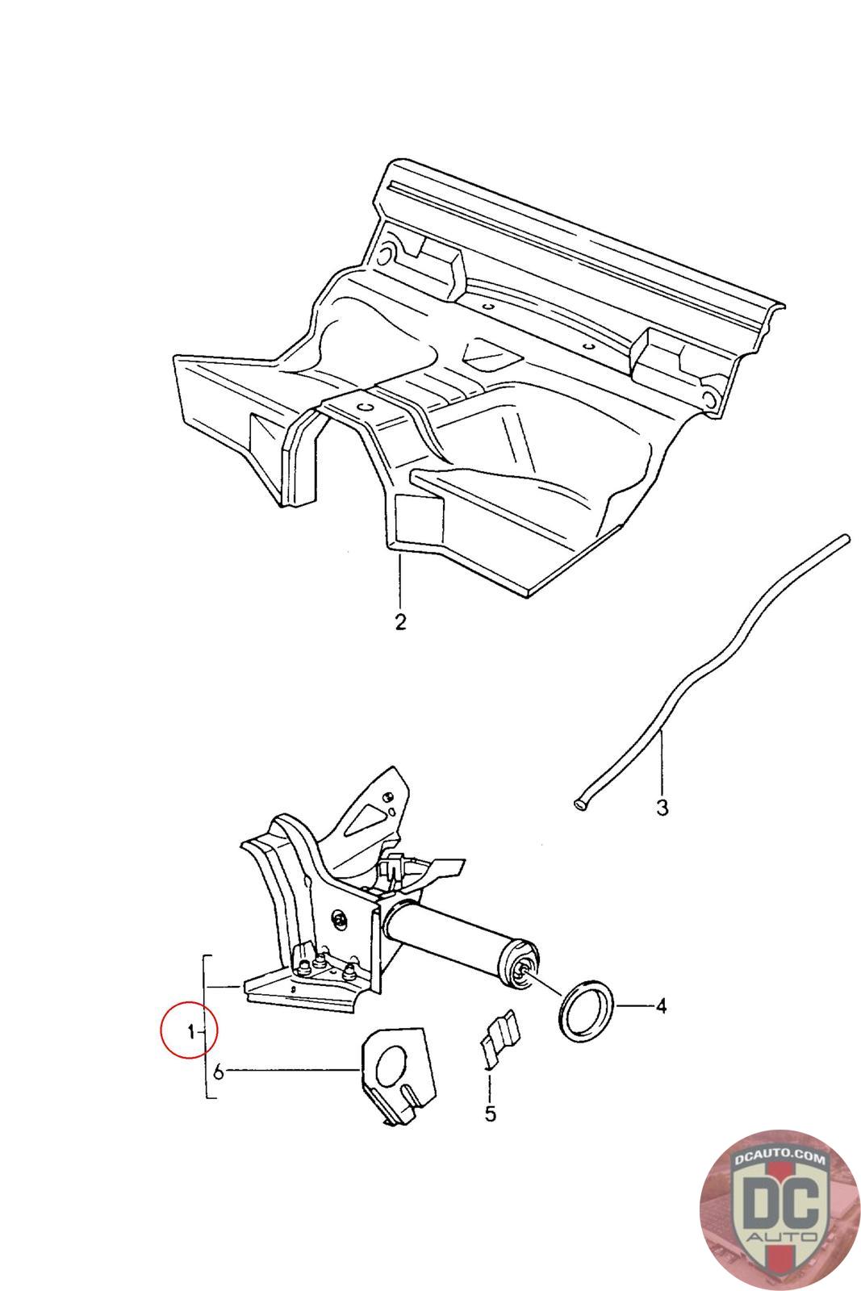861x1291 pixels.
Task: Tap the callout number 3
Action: pos(662,807)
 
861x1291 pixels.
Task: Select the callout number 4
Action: pos(661,1006)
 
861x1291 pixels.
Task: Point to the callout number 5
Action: pos(490,1114)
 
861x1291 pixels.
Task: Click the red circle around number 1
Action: pos(190,1030)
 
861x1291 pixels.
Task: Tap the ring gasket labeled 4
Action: pos(587,1007)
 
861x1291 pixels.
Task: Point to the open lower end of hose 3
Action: pos(579,804)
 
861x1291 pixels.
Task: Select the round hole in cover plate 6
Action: pos(391,1064)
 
